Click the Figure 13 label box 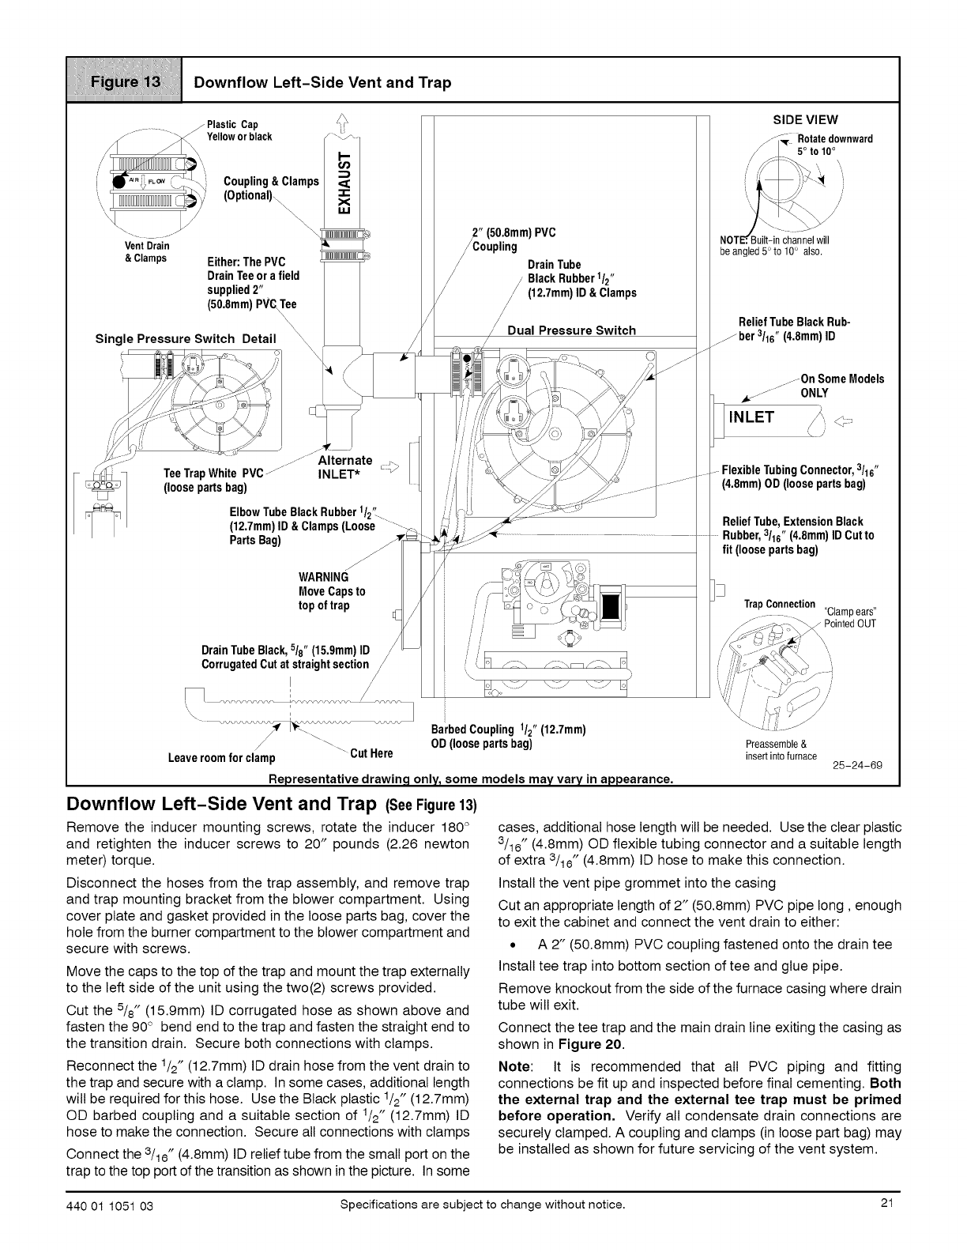pyautogui.click(x=124, y=80)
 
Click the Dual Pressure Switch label pyautogui.click(x=571, y=330)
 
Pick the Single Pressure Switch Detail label pyautogui.click(x=186, y=339)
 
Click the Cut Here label pyautogui.click(x=371, y=751)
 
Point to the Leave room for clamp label pyautogui.click(x=222, y=759)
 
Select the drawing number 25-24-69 pyautogui.click(x=857, y=766)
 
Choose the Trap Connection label pyautogui.click(x=780, y=605)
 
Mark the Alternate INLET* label pyautogui.click(x=344, y=467)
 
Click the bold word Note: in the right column pyautogui.click(x=517, y=1066)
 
